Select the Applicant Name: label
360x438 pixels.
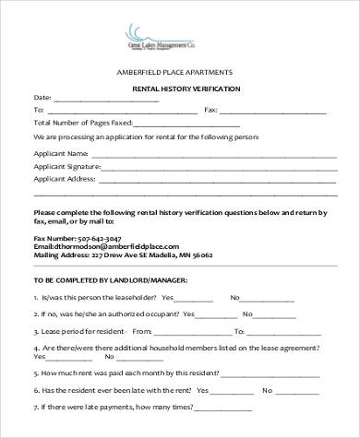(x=62, y=153)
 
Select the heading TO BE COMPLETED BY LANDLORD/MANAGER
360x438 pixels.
(x=111, y=278)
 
